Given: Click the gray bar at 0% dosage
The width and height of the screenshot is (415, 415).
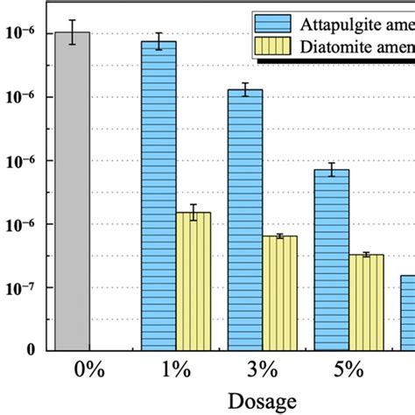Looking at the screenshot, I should (x=72, y=193).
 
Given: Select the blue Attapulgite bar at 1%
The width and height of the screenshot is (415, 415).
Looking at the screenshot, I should (x=158, y=197).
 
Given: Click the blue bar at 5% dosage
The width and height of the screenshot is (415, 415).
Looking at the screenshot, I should (x=332, y=260).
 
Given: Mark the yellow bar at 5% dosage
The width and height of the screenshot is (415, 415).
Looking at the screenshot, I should (x=366, y=302).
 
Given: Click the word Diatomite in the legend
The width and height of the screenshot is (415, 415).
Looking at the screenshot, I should (x=336, y=49).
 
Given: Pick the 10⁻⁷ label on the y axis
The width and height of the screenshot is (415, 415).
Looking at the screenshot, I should (x=24, y=287).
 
